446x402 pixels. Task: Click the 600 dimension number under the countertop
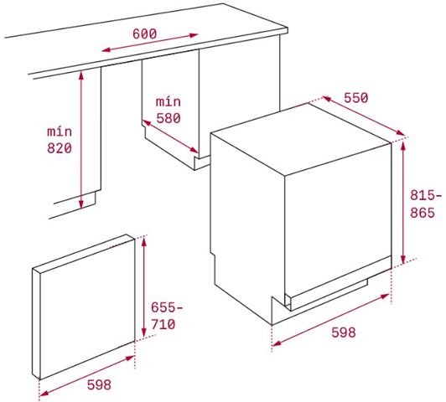click(145, 33)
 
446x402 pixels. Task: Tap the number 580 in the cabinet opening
click(169, 118)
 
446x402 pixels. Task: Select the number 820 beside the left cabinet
click(60, 148)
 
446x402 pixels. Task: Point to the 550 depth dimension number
click(355, 98)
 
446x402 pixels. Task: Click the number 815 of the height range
click(420, 194)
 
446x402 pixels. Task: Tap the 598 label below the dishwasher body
click(343, 332)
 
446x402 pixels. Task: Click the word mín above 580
click(169, 101)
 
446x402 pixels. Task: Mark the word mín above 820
click(59, 131)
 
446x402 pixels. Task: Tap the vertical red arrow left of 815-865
click(405, 201)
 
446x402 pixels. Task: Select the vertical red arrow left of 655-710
click(144, 289)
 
